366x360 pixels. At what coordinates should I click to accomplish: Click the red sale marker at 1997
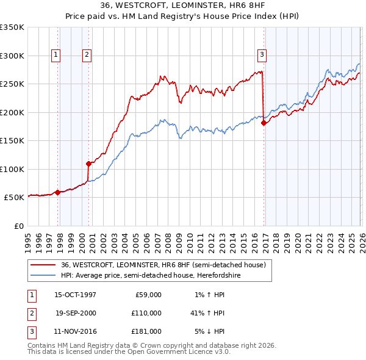click(58, 192)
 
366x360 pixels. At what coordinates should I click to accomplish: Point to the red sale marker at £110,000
click(89, 164)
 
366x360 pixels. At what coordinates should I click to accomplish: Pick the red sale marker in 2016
click(264, 123)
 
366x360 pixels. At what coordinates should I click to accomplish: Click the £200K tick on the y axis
click(12, 112)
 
